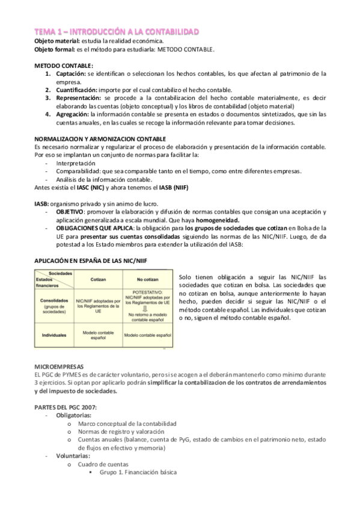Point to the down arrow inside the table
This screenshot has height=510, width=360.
(x=147, y=306)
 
